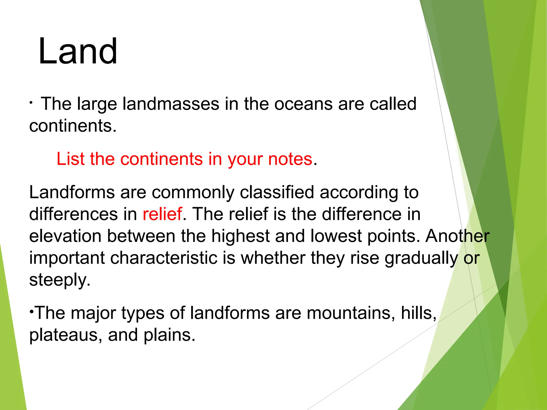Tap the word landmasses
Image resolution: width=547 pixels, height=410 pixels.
click(x=171, y=104)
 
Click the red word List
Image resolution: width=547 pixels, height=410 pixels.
click(x=71, y=159)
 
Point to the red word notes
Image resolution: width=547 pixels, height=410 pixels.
click(x=290, y=159)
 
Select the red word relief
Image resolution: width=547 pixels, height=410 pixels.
click(x=162, y=214)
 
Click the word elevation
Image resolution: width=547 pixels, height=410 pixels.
click(x=65, y=236)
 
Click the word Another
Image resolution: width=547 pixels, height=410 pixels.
click(x=457, y=236)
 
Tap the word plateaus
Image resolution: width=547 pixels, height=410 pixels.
click(x=63, y=335)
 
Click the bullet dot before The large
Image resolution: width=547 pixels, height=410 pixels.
click(x=31, y=103)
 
